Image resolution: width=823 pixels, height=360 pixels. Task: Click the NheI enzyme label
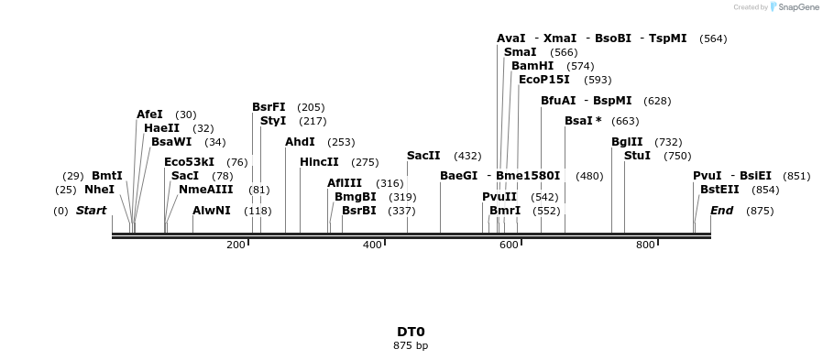(x=99, y=190)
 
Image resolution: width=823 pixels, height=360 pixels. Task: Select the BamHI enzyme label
(x=532, y=66)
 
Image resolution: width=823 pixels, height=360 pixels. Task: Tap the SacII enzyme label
(x=423, y=156)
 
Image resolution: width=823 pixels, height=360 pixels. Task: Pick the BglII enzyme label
(x=627, y=142)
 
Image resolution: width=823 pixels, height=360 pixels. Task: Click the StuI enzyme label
(x=637, y=156)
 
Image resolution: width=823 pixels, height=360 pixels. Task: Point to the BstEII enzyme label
(x=719, y=190)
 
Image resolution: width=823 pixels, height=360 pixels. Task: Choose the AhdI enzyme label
(x=300, y=142)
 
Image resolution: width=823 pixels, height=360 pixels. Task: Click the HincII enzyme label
(x=319, y=162)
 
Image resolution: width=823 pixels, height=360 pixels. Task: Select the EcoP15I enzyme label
(x=543, y=80)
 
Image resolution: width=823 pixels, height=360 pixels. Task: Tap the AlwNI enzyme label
(x=212, y=211)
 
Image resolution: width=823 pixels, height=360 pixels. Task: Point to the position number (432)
(x=467, y=156)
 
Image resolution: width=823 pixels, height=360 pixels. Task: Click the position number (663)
(x=625, y=121)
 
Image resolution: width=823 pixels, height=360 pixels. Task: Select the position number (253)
(x=341, y=142)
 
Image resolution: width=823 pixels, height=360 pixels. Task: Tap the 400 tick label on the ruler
(x=372, y=245)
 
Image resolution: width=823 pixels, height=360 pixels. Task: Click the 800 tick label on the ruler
(x=645, y=245)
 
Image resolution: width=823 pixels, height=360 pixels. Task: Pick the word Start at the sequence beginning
(x=91, y=211)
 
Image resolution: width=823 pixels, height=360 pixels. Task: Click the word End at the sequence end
(x=721, y=211)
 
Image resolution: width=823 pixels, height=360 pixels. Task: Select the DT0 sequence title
(x=411, y=332)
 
